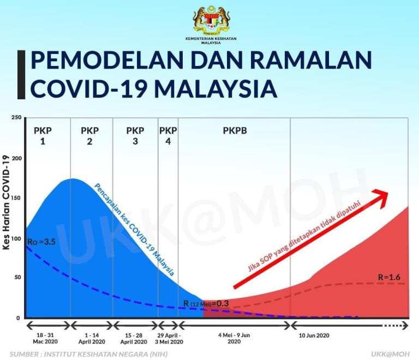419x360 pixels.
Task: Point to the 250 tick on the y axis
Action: pyautogui.click(x=16, y=118)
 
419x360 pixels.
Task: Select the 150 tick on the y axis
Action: pyautogui.click(x=16, y=198)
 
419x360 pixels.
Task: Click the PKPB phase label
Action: pyautogui.click(x=235, y=131)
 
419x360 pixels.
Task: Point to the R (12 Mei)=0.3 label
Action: pyautogui.click(x=206, y=303)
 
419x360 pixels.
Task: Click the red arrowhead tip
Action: pyautogui.click(x=388, y=193)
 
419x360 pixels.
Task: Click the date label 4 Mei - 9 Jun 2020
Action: pyautogui.click(x=234, y=338)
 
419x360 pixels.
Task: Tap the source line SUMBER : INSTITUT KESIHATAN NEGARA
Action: pyautogui.click(x=87, y=353)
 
